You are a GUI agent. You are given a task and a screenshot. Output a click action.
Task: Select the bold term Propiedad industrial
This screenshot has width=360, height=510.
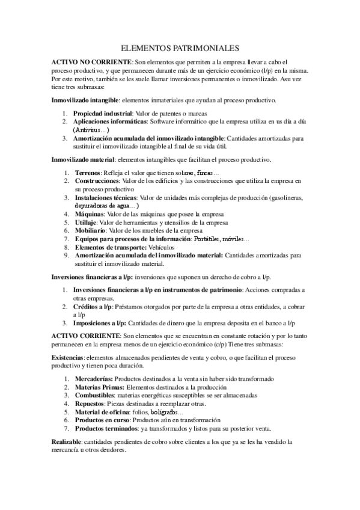(x=102, y=113)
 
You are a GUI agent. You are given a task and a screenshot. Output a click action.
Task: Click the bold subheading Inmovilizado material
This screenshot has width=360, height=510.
(x=82, y=159)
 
